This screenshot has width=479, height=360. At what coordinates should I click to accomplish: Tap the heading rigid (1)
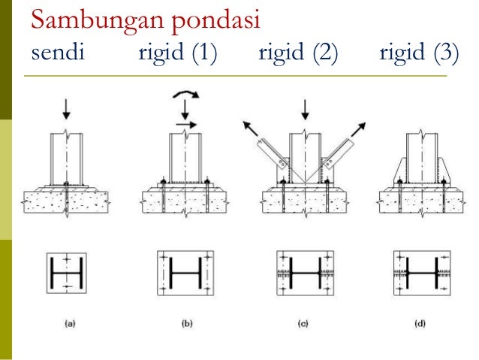(x=177, y=54)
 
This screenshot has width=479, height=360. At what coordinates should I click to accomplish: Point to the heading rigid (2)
(x=299, y=54)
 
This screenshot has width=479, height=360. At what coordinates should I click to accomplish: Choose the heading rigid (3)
(x=419, y=54)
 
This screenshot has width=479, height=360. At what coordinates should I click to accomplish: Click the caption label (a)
(x=69, y=325)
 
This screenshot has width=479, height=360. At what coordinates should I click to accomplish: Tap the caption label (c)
(x=304, y=325)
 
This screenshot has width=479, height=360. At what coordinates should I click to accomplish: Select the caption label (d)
(x=420, y=325)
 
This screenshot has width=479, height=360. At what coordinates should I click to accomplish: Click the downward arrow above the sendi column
(x=67, y=110)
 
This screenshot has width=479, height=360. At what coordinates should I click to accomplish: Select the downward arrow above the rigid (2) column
(x=304, y=110)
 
